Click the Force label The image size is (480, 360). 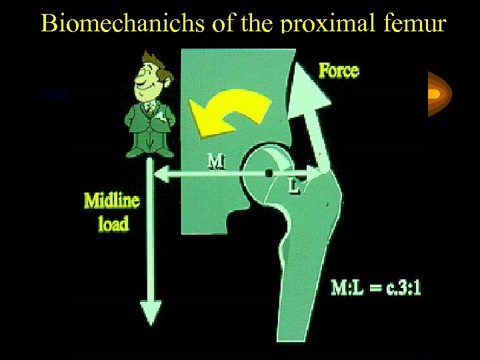click(x=339, y=69)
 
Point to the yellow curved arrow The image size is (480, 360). click(x=230, y=111)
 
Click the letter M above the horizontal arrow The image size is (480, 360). click(x=216, y=161)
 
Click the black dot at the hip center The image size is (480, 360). click(x=269, y=173)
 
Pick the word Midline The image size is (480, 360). click(x=111, y=201)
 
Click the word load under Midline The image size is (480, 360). click(x=113, y=223)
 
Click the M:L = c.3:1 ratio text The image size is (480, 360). click(x=376, y=288)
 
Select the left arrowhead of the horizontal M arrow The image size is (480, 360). click(x=160, y=174)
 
